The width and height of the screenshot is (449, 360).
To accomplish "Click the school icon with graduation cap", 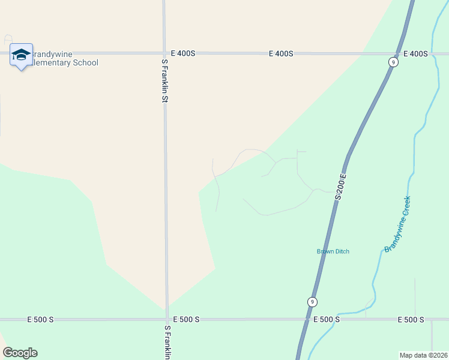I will pyautogui.click(x=21, y=55).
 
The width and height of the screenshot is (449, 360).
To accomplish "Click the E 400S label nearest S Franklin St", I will pyautogui.click(x=183, y=53).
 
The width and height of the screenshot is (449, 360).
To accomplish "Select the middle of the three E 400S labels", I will pyautogui.click(x=281, y=53).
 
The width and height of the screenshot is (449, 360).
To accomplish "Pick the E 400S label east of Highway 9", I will pyautogui.click(x=415, y=53).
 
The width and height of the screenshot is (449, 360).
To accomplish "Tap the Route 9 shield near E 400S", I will pyautogui.click(x=392, y=62).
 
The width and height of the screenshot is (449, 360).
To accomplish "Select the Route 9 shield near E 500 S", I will pyautogui.click(x=312, y=301).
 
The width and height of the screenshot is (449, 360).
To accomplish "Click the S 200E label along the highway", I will pyautogui.click(x=342, y=187).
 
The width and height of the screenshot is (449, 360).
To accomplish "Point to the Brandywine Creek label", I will pyautogui.click(x=397, y=224).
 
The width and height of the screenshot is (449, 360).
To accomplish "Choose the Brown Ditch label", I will pyautogui.click(x=333, y=251).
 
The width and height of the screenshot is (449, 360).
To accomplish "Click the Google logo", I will pyautogui.click(x=20, y=353).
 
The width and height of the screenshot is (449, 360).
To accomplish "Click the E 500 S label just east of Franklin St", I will pyautogui.click(x=186, y=320).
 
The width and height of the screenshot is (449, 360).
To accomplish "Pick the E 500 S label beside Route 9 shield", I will pyautogui.click(x=327, y=320).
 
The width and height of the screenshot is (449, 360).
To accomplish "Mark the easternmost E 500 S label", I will pyautogui.click(x=411, y=320).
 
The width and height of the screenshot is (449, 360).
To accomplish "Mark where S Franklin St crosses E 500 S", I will pyautogui.click(x=167, y=320).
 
